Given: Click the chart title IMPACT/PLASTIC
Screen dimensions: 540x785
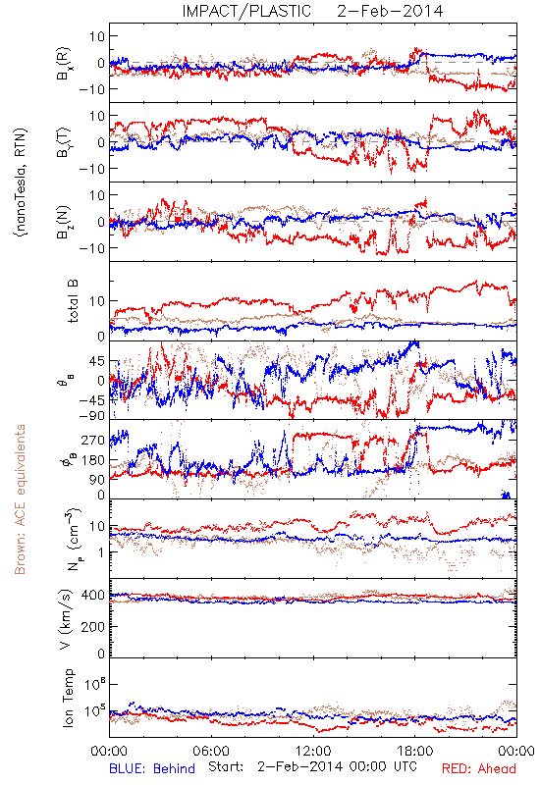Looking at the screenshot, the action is click(x=246, y=11).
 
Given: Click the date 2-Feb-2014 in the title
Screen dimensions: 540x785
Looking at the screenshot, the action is click(x=390, y=11).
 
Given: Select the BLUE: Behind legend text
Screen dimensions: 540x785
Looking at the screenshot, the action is click(x=152, y=768).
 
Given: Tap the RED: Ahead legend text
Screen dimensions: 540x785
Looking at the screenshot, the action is click(x=479, y=768).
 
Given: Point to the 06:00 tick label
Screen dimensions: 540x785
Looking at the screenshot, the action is click(x=211, y=751).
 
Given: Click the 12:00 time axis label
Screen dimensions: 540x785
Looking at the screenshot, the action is click(x=313, y=751).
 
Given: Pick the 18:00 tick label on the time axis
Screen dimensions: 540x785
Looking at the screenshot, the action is click(x=415, y=751).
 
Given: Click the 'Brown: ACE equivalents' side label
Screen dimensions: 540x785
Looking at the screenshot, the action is click(x=20, y=499).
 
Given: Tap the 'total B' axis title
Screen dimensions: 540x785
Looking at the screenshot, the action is click(x=73, y=301).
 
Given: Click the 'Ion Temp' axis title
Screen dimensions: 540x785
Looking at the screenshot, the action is click(x=68, y=698).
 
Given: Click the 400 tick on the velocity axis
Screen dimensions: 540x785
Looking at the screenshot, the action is click(x=93, y=595).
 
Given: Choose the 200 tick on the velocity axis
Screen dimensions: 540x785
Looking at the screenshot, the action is click(x=93, y=626).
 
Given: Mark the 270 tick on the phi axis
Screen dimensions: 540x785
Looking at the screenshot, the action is click(x=93, y=440).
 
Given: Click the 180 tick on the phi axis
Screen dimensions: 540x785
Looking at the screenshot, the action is click(x=93, y=459).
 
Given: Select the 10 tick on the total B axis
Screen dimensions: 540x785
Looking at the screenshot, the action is click(x=97, y=301).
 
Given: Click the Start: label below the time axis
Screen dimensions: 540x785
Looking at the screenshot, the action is click(x=227, y=767).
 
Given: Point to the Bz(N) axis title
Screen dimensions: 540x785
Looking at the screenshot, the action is click(x=64, y=222).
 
